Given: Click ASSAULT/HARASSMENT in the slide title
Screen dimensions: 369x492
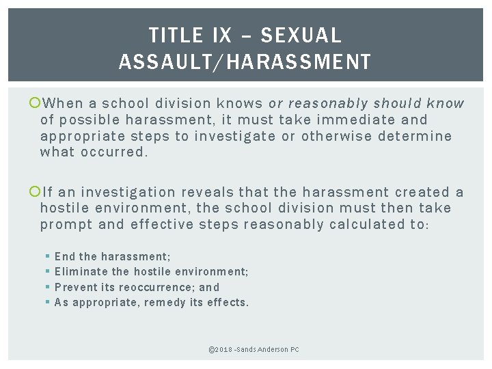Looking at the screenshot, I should pyautogui.click(x=245, y=61).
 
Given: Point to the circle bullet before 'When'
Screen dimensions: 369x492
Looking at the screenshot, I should pyautogui.click(x=34, y=104).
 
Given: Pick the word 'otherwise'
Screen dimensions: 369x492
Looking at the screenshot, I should pyautogui.click(x=337, y=135).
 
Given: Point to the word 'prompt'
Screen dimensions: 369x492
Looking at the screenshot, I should pyautogui.click(x=62, y=224).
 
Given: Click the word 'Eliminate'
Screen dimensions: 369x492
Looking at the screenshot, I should pyautogui.click(x=79, y=271).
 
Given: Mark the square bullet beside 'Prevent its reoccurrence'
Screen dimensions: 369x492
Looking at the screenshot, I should pyautogui.click(x=47, y=287).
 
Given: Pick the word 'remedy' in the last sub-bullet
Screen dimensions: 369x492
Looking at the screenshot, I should pyautogui.click(x=163, y=302).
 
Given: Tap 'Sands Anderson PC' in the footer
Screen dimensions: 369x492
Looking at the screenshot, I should pyautogui.click(x=271, y=350).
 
